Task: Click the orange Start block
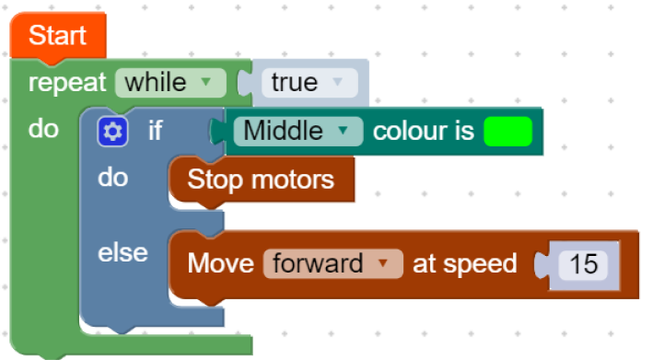(58, 37)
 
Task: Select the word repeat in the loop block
(67, 83)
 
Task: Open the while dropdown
(170, 83)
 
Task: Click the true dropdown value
(309, 83)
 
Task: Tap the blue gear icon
(112, 132)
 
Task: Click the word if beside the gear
(155, 131)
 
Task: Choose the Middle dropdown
(298, 132)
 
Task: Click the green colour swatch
(508, 132)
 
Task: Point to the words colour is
(424, 132)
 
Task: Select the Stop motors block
(262, 180)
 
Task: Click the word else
(122, 253)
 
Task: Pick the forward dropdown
(333, 263)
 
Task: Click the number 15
(583, 264)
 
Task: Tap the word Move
(220, 263)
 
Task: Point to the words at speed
(464, 264)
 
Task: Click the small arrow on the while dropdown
(206, 81)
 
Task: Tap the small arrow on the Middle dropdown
(343, 131)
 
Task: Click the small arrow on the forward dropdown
(382, 262)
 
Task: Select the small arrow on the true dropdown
(338, 81)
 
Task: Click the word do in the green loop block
(43, 129)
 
